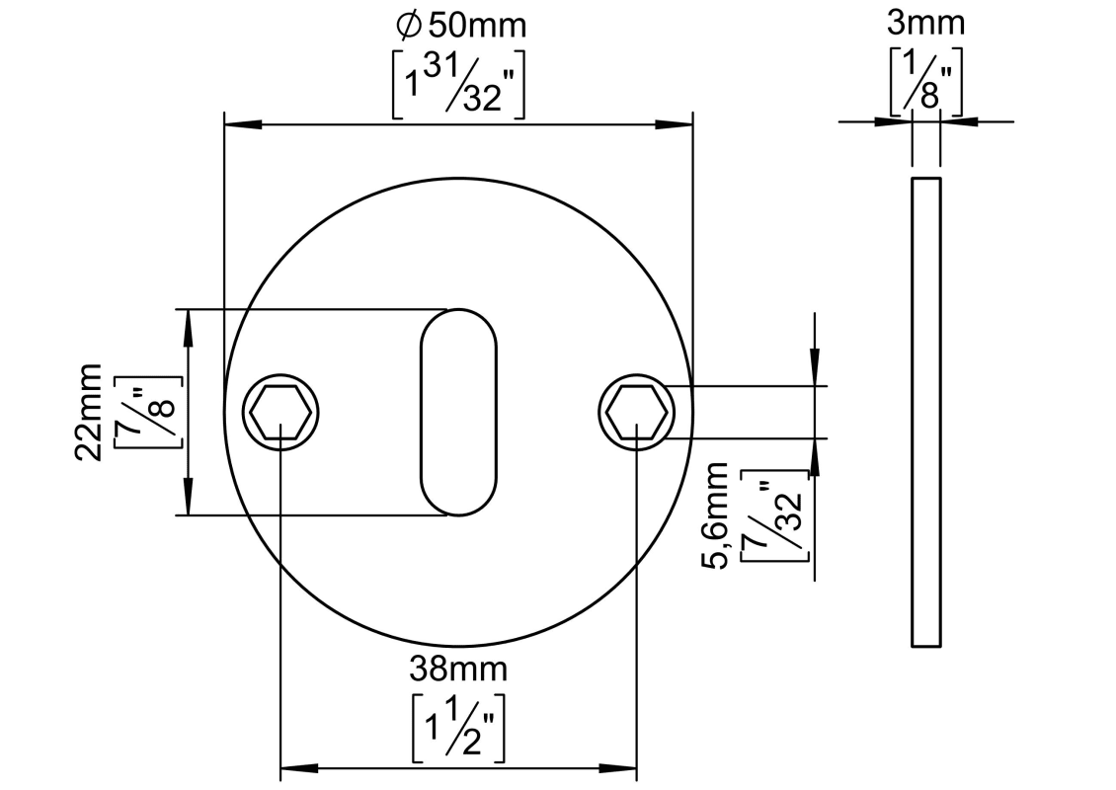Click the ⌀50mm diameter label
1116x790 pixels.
coord(461,26)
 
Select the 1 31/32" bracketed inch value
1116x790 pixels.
coord(458,84)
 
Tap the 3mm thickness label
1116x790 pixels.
coord(926,24)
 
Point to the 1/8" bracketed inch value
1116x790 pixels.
coord(926,81)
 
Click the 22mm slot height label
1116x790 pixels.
coord(89,412)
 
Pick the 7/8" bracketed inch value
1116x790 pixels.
coord(147,412)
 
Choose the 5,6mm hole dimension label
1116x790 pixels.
coord(715,514)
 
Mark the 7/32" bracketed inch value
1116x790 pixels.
coord(774,514)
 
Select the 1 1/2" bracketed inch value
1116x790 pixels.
coord(458,728)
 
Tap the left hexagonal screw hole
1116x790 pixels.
coord(281,413)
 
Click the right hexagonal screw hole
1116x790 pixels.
coord(636,413)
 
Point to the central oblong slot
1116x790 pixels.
coord(459,412)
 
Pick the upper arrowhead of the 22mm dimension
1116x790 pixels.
coord(189,328)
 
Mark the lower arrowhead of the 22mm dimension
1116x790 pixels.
coord(189,497)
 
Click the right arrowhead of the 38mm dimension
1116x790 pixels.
coord(618,768)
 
